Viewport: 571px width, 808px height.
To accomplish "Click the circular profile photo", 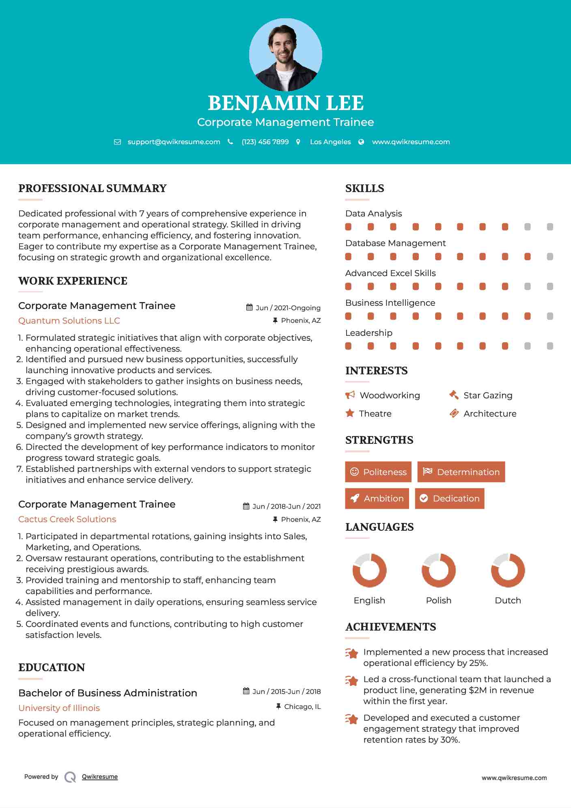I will click(x=285, y=54).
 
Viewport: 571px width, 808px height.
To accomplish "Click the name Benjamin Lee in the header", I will click(x=285, y=103).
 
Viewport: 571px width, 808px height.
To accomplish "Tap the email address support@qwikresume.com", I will click(x=174, y=142).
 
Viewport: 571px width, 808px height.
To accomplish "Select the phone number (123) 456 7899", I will click(x=265, y=142).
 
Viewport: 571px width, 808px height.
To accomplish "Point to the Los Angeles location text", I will click(x=330, y=142).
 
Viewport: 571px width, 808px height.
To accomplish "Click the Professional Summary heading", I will click(x=93, y=188).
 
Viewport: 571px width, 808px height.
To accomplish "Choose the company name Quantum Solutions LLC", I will click(x=69, y=321).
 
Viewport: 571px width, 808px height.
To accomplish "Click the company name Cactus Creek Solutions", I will click(x=67, y=519).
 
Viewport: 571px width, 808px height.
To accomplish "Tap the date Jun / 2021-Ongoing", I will click(x=288, y=308).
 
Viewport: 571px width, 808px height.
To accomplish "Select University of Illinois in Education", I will click(x=59, y=708).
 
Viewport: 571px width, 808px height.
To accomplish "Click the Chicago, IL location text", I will click(x=302, y=707).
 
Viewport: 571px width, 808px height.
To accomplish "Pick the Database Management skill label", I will click(x=395, y=243).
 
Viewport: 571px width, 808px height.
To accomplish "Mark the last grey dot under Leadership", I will click(x=550, y=346).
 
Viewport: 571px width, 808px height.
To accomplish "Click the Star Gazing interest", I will click(x=488, y=395).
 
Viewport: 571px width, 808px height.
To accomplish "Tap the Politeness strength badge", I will click(x=378, y=472).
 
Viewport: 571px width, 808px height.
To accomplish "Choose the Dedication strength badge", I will click(x=450, y=499).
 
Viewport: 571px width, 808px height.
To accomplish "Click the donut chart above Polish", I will click(x=439, y=570).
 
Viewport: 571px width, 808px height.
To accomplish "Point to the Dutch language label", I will click(x=508, y=601).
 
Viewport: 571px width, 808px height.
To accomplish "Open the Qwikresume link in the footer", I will click(x=100, y=777).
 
